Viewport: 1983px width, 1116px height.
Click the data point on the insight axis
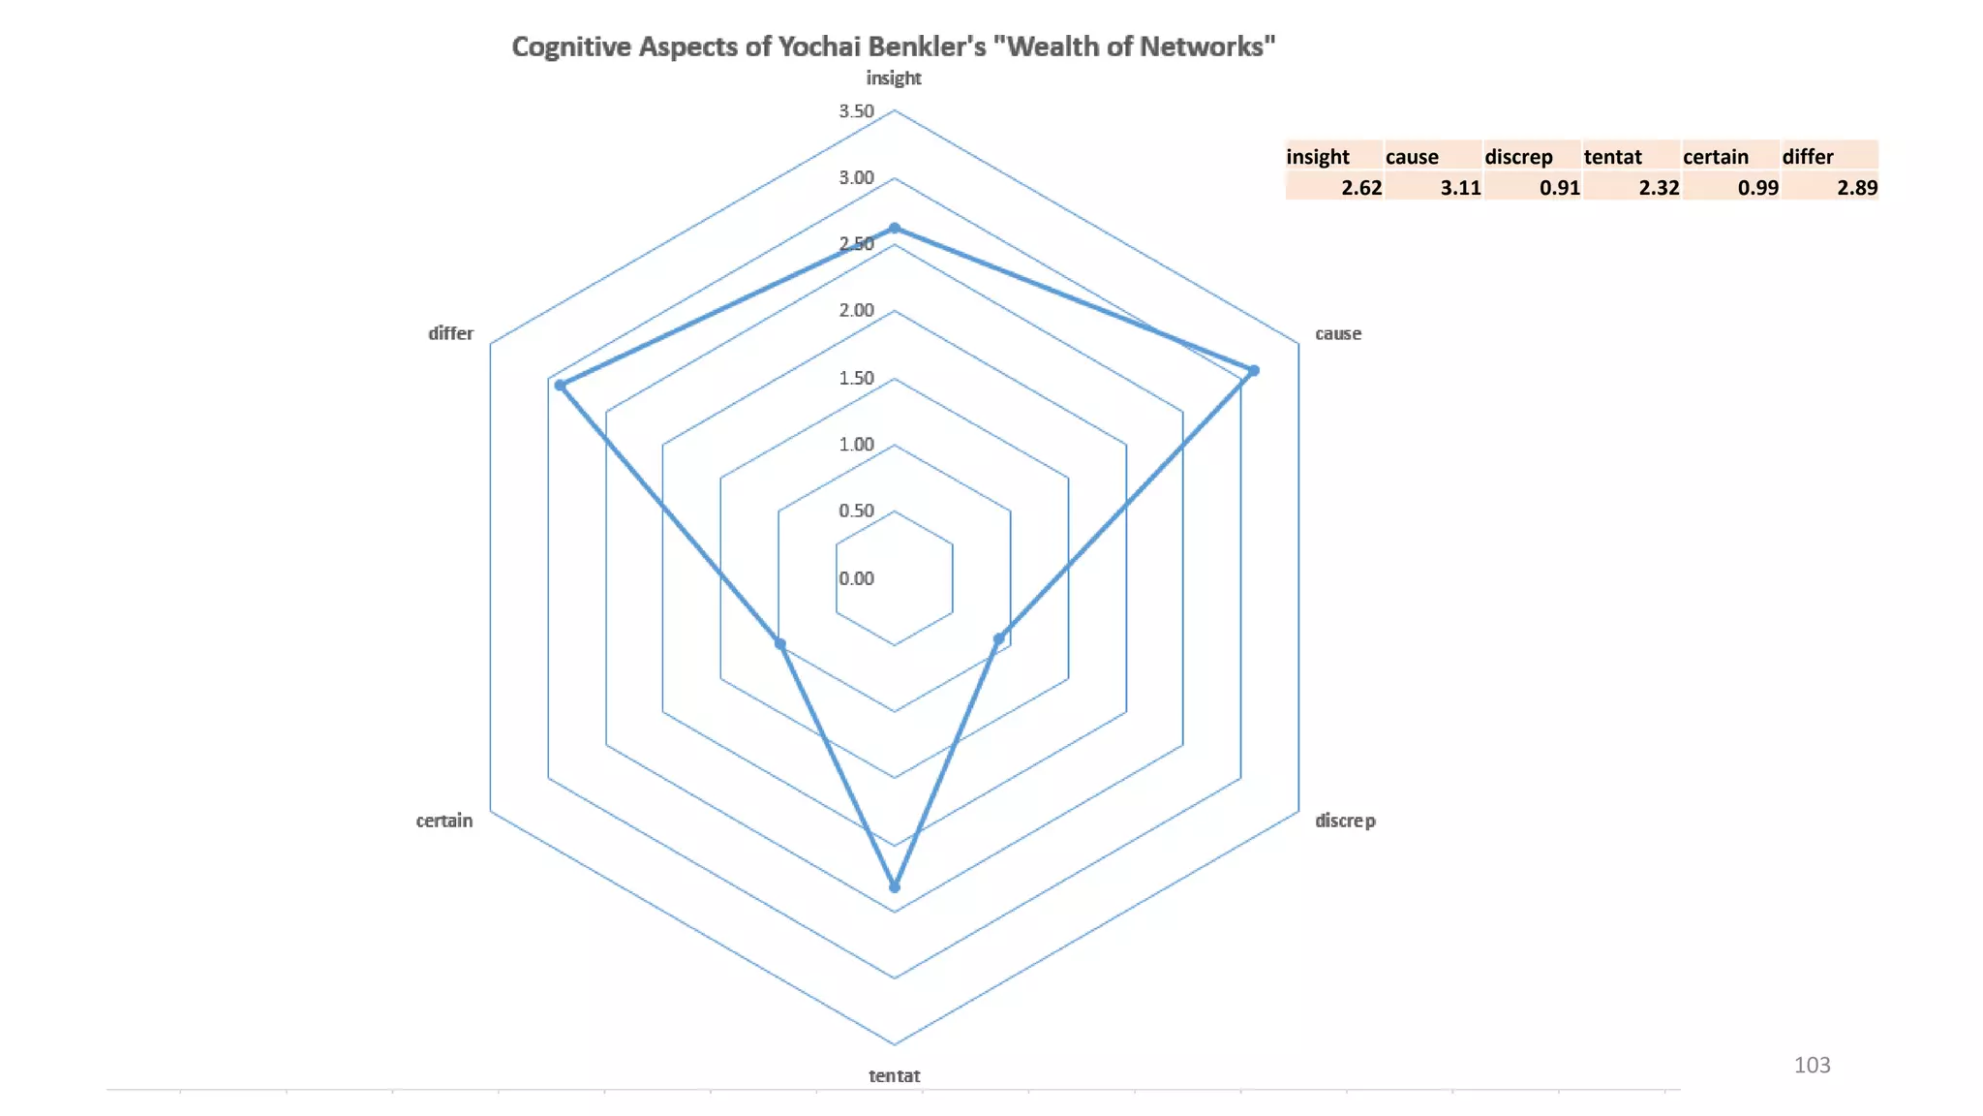[895, 229]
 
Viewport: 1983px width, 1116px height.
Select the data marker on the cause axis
[1254, 371]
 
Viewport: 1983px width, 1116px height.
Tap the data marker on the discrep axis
[999, 639]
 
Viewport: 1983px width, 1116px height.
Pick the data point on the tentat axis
[895, 887]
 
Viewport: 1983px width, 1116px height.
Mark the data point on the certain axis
[780, 644]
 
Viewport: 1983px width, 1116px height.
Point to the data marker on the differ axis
[560, 386]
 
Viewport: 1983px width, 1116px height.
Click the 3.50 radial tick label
[856, 111]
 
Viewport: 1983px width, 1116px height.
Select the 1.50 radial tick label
[856, 378]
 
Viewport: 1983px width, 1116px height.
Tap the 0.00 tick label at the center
[856, 578]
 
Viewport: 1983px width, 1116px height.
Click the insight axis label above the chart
[894, 78]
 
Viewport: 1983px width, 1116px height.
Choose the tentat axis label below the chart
[895, 1075]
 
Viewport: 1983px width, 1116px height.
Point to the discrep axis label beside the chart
[1345, 821]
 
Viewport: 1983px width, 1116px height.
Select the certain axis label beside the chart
[444, 821]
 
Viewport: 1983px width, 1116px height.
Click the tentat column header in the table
[1613, 157]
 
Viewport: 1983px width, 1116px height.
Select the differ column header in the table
[1808, 157]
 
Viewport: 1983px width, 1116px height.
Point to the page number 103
[1812, 1066]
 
